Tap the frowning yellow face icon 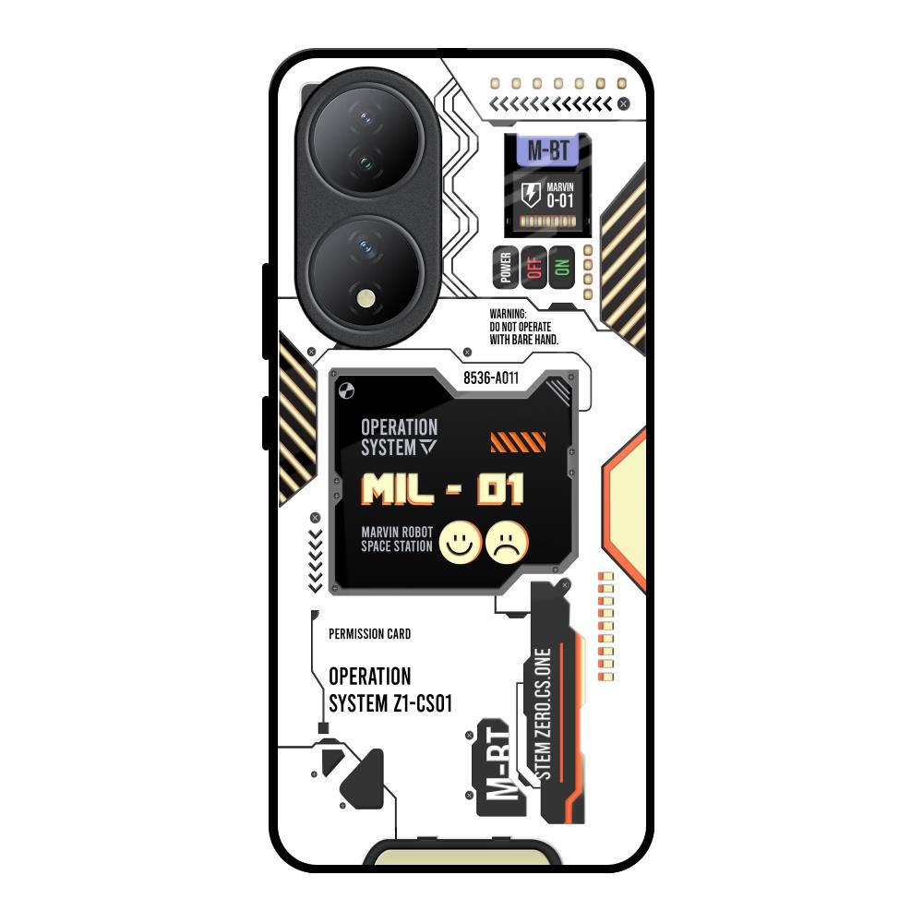point(508,542)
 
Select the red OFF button point(533,267)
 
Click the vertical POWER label point(505,267)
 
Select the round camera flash point(368,297)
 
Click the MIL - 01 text point(442,489)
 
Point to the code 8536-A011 point(491,378)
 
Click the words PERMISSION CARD point(369,634)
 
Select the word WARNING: point(508,315)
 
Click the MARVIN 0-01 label point(559,195)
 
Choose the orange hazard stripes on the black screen point(511,443)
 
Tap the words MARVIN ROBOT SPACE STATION point(397,539)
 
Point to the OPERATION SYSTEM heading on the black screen point(399,438)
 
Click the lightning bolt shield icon point(531,195)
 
